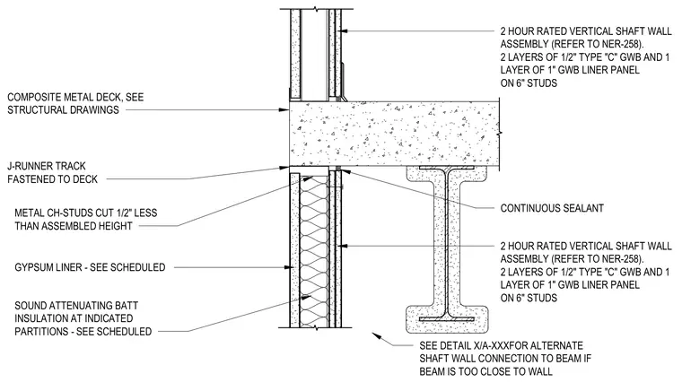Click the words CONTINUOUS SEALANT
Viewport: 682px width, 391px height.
tap(552, 208)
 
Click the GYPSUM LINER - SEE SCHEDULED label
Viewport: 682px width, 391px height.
tap(90, 267)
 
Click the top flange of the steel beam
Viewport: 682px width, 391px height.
tap(447, 168)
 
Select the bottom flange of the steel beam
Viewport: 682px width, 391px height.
tap(447, 319)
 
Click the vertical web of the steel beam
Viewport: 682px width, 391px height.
tap(447, 243)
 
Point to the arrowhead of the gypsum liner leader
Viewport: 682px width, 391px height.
tap(287, 267)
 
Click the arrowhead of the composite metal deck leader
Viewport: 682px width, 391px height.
tap(286, 110)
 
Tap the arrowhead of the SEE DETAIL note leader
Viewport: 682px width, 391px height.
tap(375, 335)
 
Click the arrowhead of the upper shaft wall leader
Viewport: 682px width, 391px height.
tap(344, 30)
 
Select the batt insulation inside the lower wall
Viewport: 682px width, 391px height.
tap(314, 251)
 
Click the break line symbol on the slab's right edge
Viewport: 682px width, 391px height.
tap(499, 131)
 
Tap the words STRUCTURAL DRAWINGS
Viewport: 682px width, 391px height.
tap(63, 110)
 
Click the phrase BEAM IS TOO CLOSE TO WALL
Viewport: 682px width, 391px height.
tap(485, 372)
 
